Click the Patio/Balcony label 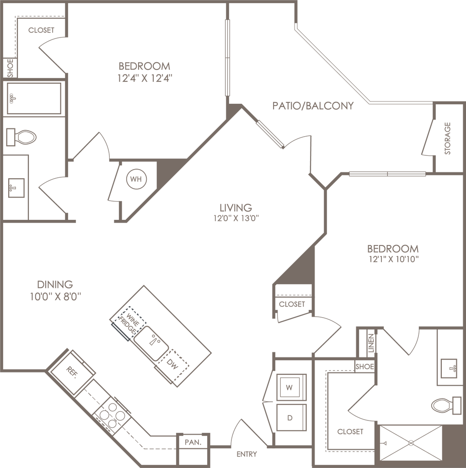(313, 106)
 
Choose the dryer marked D (289, 416)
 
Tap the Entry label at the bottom (247, 455)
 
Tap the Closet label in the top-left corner (41, 31)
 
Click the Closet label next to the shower (350, 431)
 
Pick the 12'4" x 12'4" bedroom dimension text (144, 78)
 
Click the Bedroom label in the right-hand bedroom (393, 249)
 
